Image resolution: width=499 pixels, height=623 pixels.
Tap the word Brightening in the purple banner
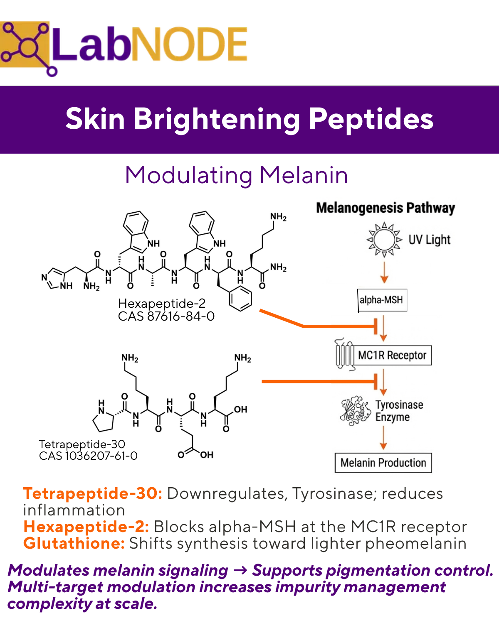tap(216, 119)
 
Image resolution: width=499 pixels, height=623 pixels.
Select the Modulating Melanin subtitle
tap(236, 175)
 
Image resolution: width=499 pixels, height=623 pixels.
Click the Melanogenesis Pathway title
tap(385, 208)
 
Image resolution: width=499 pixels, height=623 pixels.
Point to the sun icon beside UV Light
tap(384, 240)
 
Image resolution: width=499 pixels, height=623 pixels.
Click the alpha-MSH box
tap(382, 300)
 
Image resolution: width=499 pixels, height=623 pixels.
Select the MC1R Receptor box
tap(392, 356)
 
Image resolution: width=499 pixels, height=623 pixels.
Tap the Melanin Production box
tap(383, 463)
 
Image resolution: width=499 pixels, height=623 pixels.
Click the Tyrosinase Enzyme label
tap(399, 411)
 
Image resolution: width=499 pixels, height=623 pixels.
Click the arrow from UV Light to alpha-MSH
tap(384, 273)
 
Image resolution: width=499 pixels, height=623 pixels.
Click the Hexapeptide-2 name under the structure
tap(162, 304)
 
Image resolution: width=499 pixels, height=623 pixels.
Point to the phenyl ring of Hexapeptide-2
tap(241, 299)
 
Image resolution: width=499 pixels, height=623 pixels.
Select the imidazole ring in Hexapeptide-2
tap(53, 279)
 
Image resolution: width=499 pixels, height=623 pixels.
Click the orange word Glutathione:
tap(74, 543)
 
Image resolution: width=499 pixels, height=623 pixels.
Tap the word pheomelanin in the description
tap(416, 543)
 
